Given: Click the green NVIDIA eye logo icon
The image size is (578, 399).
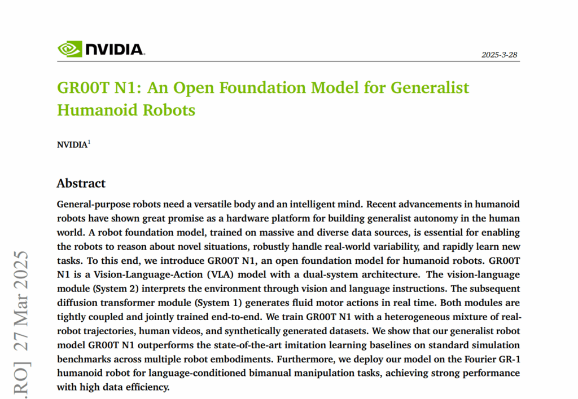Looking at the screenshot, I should coord(69,49).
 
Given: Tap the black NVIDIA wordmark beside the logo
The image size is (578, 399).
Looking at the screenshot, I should coord(115,50).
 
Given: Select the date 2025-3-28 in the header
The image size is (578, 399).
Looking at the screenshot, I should coord(500,55).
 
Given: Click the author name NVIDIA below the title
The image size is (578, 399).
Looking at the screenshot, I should coord(72,144).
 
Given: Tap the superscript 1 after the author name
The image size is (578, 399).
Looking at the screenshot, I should coord(89,142).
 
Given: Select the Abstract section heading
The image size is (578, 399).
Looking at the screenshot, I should coord(81,183).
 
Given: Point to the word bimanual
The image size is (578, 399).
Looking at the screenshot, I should coord(270,373).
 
